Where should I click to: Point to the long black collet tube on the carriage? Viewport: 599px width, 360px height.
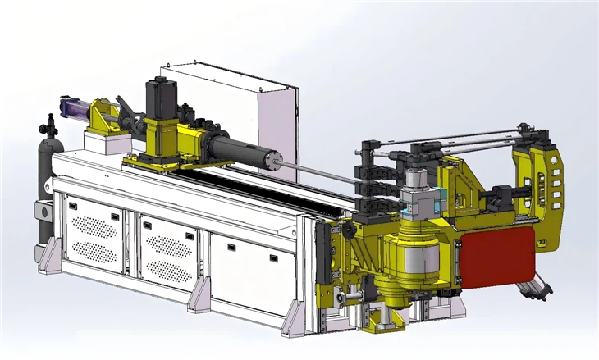pyautogui.click(x=238, y=153)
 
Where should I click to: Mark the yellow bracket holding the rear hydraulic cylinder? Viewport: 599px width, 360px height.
pyautogui.click(x=103, y=119)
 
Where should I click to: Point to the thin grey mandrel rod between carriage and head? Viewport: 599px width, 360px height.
pyautogui.click(x=320, y=175)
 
